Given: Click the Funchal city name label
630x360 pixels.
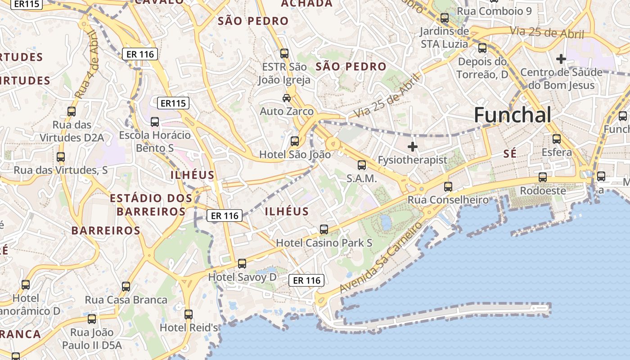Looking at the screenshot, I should click(512, 115).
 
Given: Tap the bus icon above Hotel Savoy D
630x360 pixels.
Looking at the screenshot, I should click(242, 264).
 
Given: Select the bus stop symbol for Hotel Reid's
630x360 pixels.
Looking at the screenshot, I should click(189, 314).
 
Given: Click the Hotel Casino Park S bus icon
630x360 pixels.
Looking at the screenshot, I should click(324, 229).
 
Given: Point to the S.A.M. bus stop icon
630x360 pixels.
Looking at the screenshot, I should click(362, 165).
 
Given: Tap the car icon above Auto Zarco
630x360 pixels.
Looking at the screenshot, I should click(286, 98).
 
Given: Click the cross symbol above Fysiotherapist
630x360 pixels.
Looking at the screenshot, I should click(412, 146).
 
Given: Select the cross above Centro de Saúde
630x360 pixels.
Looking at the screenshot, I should click(561, 58).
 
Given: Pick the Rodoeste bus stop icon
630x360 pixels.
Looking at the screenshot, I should click(543, 177).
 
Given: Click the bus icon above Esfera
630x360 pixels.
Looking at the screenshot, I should click(557, 139).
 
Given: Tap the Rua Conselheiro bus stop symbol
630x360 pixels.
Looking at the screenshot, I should click(448, 186).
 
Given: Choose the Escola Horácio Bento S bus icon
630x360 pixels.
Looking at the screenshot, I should click(155, 121).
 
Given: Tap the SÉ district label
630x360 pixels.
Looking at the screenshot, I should click(509, 154).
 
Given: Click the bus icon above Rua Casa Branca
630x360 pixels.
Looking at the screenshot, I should click(126, 287).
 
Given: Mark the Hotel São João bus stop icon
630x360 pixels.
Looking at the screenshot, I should click(295, 141).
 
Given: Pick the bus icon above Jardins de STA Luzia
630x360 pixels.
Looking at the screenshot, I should click(445, 18).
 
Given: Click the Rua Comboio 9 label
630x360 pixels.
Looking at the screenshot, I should click(494, 11).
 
